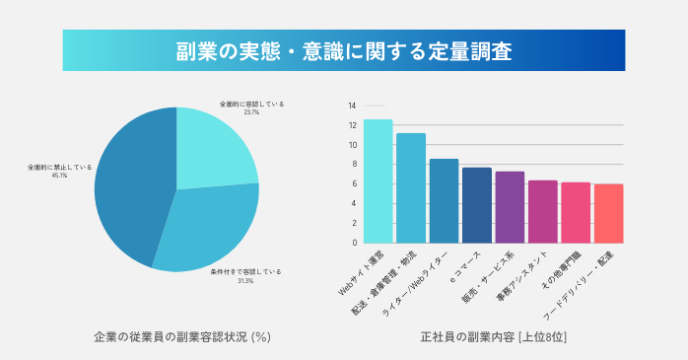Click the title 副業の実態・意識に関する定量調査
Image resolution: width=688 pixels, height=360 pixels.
(x=344, y=50)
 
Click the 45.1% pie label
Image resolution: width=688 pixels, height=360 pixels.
(x=60, y=176)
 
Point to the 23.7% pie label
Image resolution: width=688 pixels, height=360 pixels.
(x=251, y=111)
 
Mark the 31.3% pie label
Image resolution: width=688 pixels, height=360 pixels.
(x=245, y=281)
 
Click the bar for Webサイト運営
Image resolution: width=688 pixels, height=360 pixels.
(x=378, y=181)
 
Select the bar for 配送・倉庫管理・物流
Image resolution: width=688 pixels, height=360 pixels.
(x=411, y=188)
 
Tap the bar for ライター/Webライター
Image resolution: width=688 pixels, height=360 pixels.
(x=444, y=201)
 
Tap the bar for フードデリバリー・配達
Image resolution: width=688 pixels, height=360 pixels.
(x=608, y=214)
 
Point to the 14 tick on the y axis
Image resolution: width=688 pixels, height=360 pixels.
(x=352, y=106)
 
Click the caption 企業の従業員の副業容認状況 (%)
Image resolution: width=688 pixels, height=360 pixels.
(x=181, y=336)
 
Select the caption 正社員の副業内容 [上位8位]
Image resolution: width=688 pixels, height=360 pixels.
(x=494, y=336)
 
